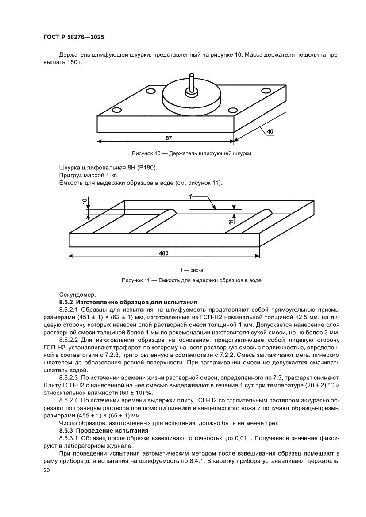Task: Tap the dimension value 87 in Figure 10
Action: point(169,138)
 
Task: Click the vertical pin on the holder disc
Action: point(192,84)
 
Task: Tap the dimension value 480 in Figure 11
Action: point(163,253)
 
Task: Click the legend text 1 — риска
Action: point(191,270)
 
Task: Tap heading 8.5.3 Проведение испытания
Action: point(101,430)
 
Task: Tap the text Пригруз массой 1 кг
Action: point(86,176)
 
